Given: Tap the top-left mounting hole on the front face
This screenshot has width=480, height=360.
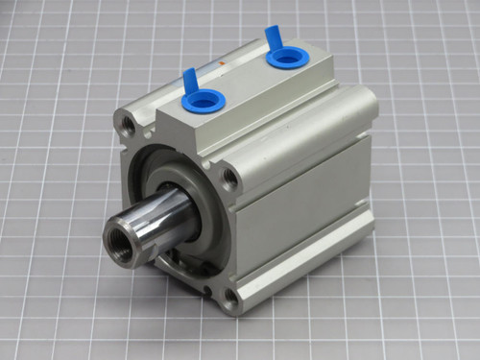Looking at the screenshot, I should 126,122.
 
